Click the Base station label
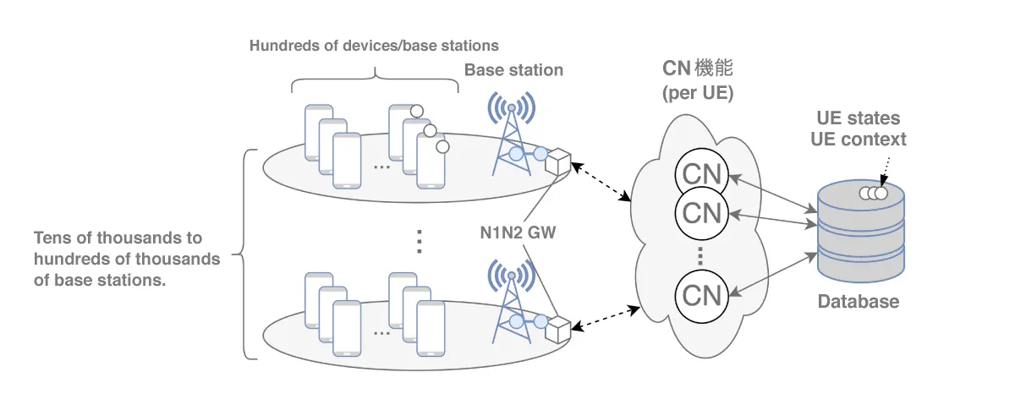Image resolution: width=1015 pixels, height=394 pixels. pos(513,70)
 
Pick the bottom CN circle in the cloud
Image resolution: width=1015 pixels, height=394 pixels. pos(701,295)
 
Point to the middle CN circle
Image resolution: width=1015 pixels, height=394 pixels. pos(701,212)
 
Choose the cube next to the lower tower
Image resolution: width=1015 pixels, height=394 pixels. pos(558,326)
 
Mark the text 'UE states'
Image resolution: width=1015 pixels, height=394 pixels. pos(858,118)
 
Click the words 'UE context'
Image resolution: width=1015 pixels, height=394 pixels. pos(858,140)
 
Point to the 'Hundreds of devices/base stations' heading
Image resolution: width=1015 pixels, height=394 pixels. pos(374,45)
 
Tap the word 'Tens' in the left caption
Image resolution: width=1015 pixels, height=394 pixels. pos(51,238)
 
